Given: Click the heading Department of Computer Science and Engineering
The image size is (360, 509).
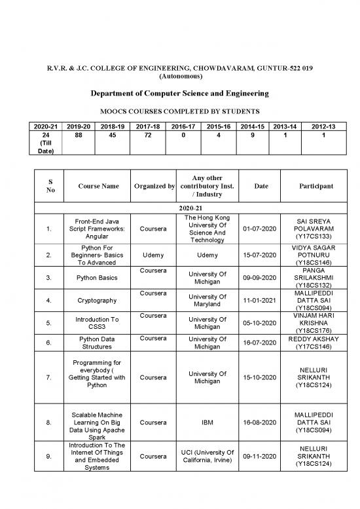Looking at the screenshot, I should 179,94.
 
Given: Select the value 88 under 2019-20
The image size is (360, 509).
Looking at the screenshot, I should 79,136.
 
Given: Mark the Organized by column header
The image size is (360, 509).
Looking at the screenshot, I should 153,186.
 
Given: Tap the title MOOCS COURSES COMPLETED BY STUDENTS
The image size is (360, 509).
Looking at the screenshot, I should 179,111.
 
